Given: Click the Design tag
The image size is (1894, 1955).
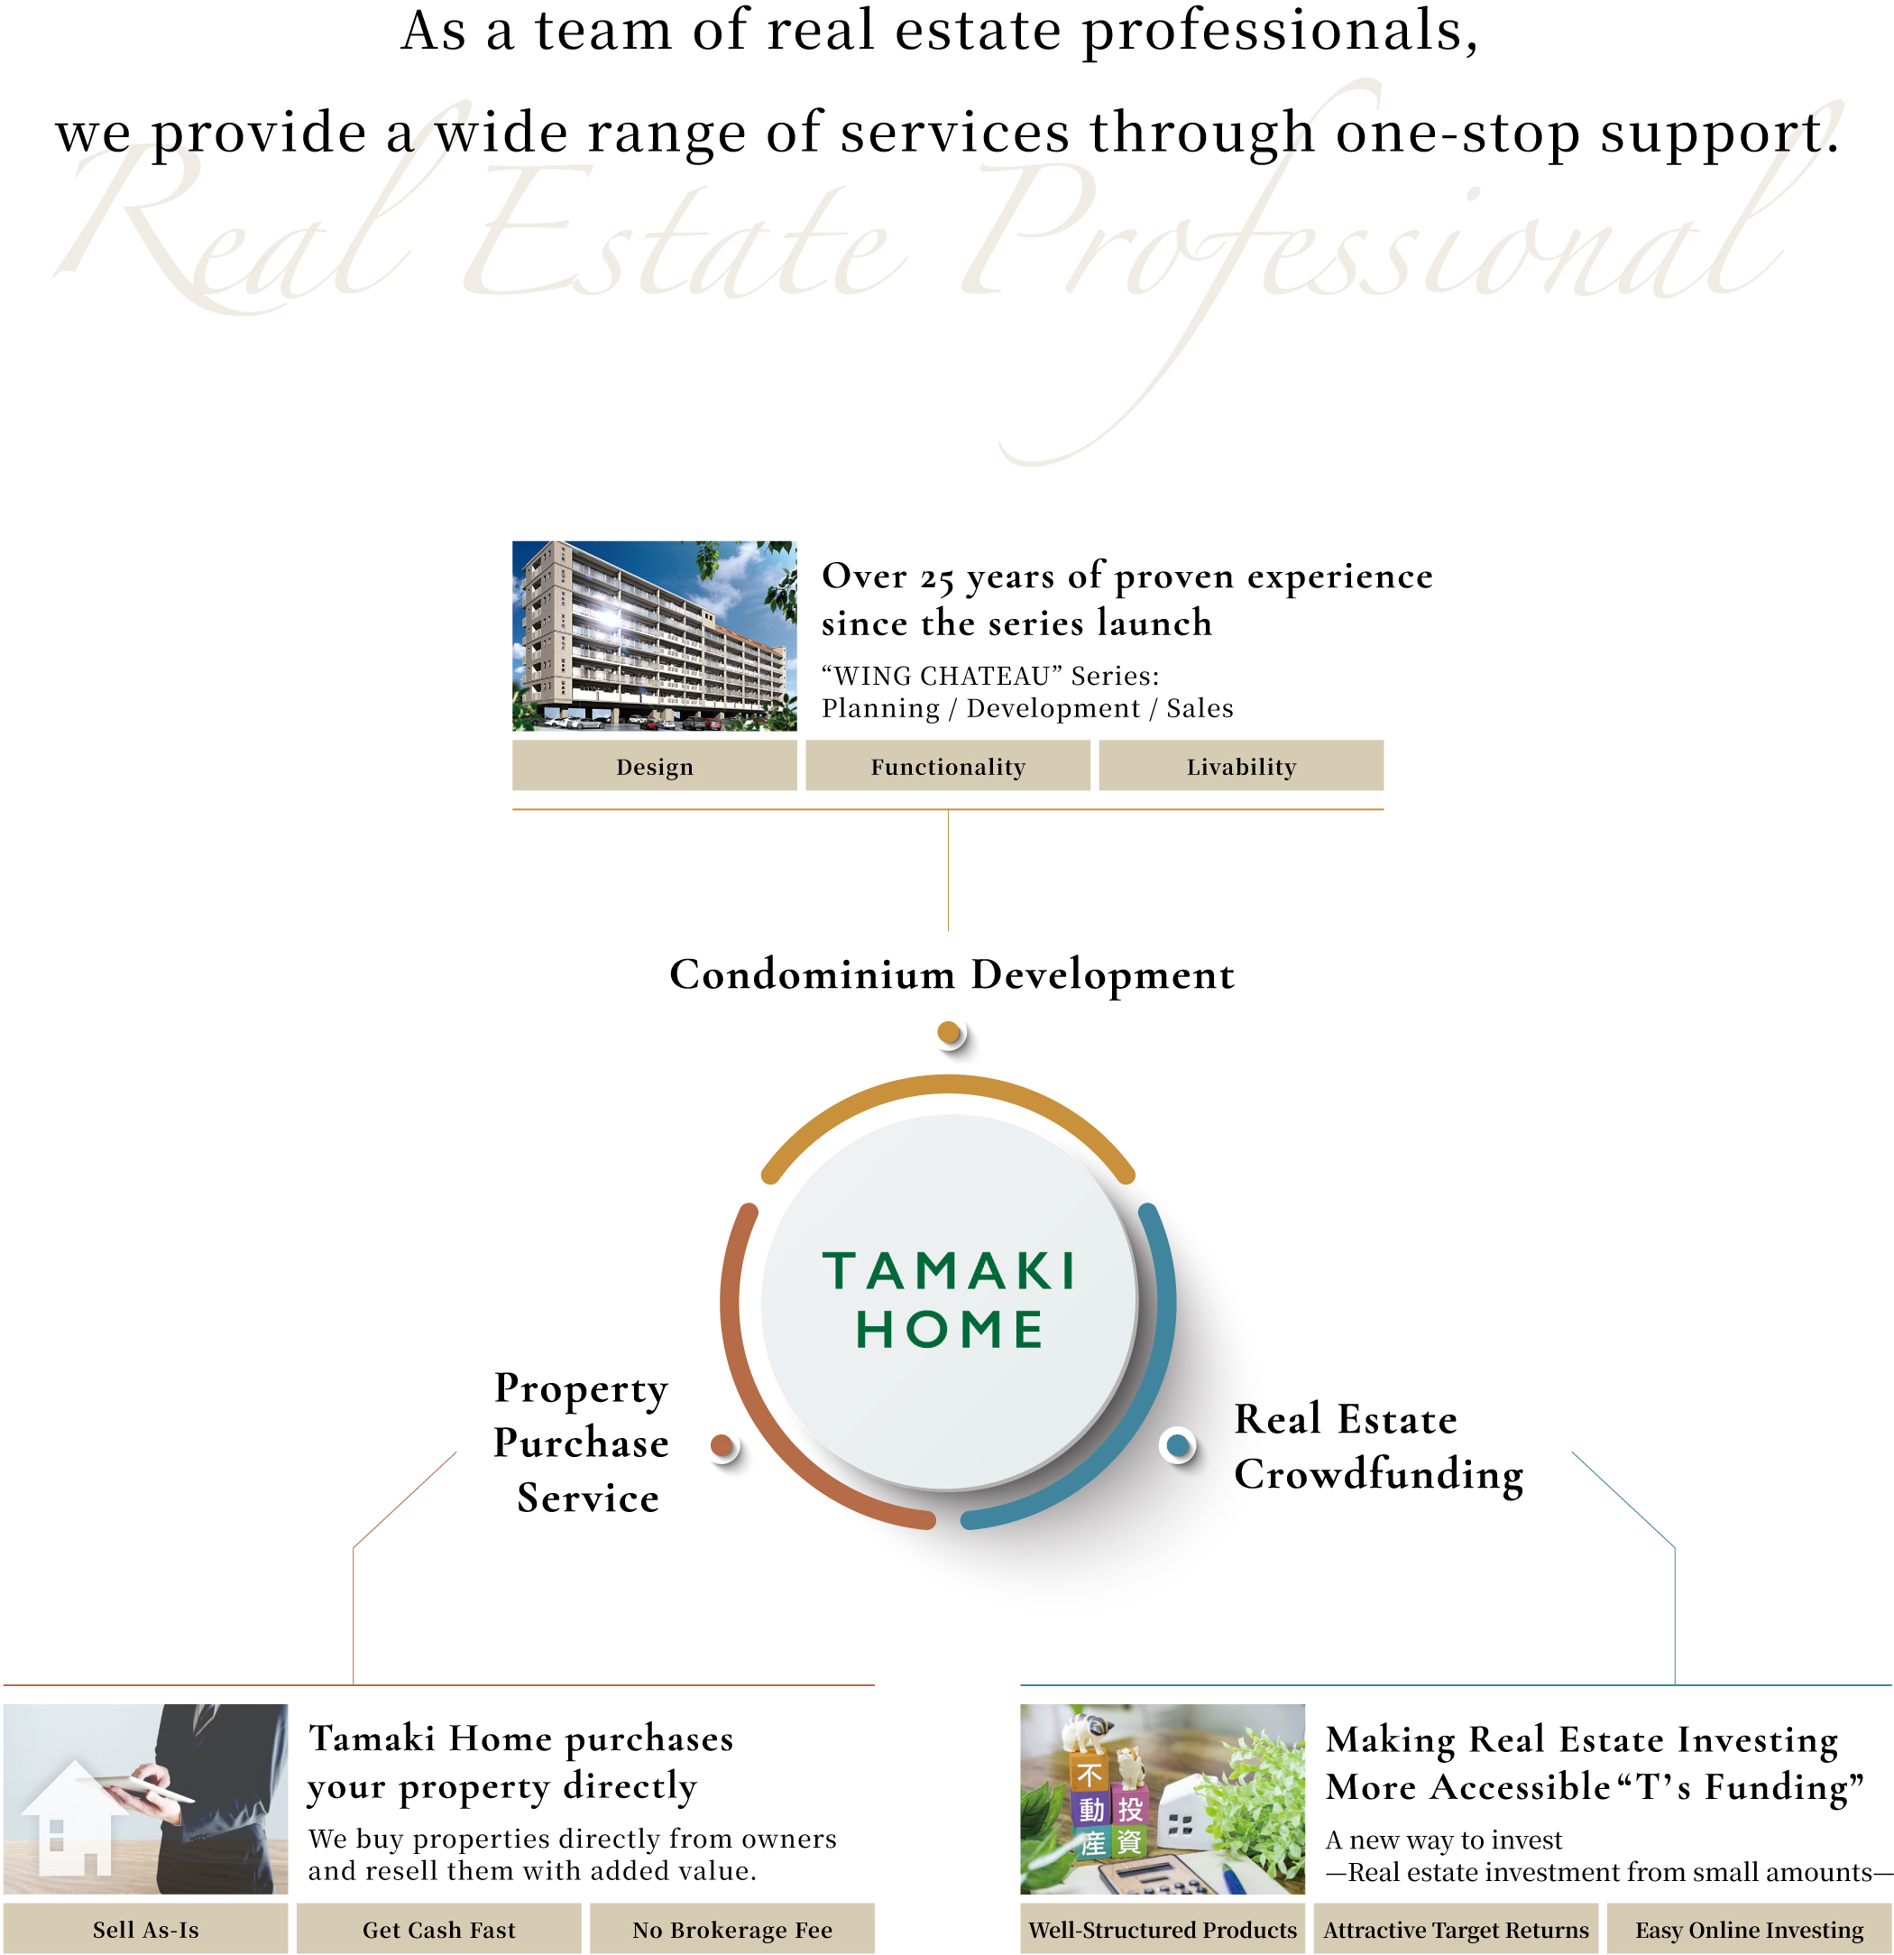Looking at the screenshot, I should (653, 766).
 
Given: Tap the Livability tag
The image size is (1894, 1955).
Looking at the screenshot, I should (1240, 766).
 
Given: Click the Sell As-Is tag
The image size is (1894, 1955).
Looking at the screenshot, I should (145, 1929).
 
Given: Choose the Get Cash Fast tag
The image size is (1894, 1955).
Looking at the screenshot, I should (439, 1929).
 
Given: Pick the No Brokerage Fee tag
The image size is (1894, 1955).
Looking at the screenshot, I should (731, 1929).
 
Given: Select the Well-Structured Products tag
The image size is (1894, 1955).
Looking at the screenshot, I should (1162, 1929).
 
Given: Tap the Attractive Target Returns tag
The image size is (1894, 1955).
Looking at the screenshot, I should (1455, 1929).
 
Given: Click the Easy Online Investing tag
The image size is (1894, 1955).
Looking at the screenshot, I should (1749, 1929).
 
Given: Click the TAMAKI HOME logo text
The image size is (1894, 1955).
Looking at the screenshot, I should (949, 1300).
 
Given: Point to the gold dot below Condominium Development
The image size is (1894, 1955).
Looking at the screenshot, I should (950, 1031).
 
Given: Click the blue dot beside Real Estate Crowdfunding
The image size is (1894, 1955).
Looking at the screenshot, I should (1178, 1443).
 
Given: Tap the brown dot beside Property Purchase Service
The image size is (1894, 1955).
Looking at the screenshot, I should (722, 1445).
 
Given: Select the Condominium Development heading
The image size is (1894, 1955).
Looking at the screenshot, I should (952, 974).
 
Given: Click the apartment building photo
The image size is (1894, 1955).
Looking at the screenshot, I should (653, 635).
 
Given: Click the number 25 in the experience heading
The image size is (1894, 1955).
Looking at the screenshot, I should (936, 578).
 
